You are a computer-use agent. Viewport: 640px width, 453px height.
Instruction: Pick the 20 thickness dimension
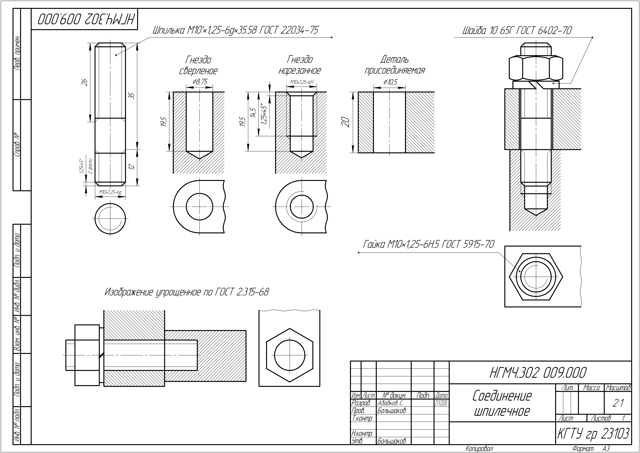346,122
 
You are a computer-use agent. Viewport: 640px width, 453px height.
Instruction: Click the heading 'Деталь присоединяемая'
395,65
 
